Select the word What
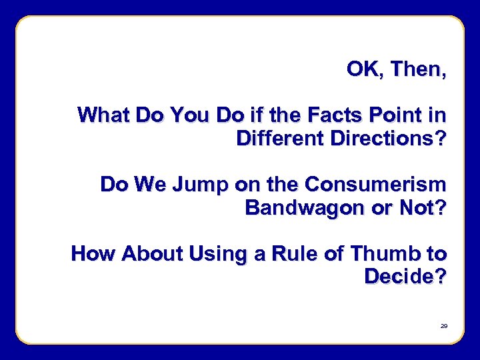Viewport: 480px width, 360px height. (104, 115)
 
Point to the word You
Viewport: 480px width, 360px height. (190, 115)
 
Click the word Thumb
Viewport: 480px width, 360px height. (384, 253)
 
